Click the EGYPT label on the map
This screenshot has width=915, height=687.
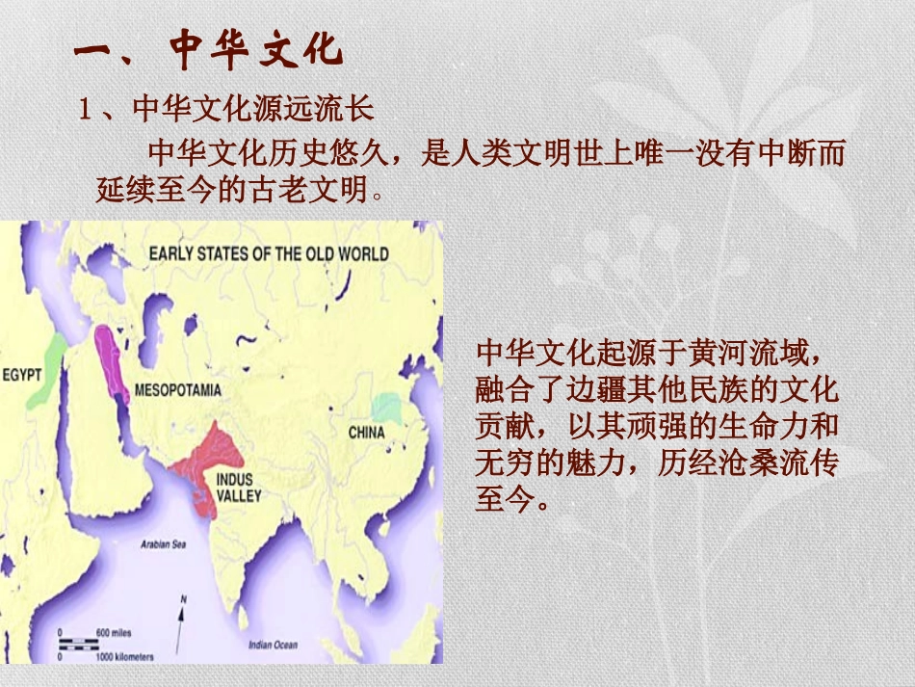click(x=21, y=374)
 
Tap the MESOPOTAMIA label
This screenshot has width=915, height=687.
click(x=178, y=390)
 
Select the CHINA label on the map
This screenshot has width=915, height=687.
click(x=366, y=432)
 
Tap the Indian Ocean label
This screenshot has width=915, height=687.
click(x=273, y=645)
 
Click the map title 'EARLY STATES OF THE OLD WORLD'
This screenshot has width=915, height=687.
click(x=269, y=254)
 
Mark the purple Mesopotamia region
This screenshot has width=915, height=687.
click(x=112, y=361)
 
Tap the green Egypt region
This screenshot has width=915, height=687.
click(x=48, y=371)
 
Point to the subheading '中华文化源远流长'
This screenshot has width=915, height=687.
click(x=252, y=108)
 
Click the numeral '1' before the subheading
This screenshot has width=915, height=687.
click(x=85, y=109)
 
